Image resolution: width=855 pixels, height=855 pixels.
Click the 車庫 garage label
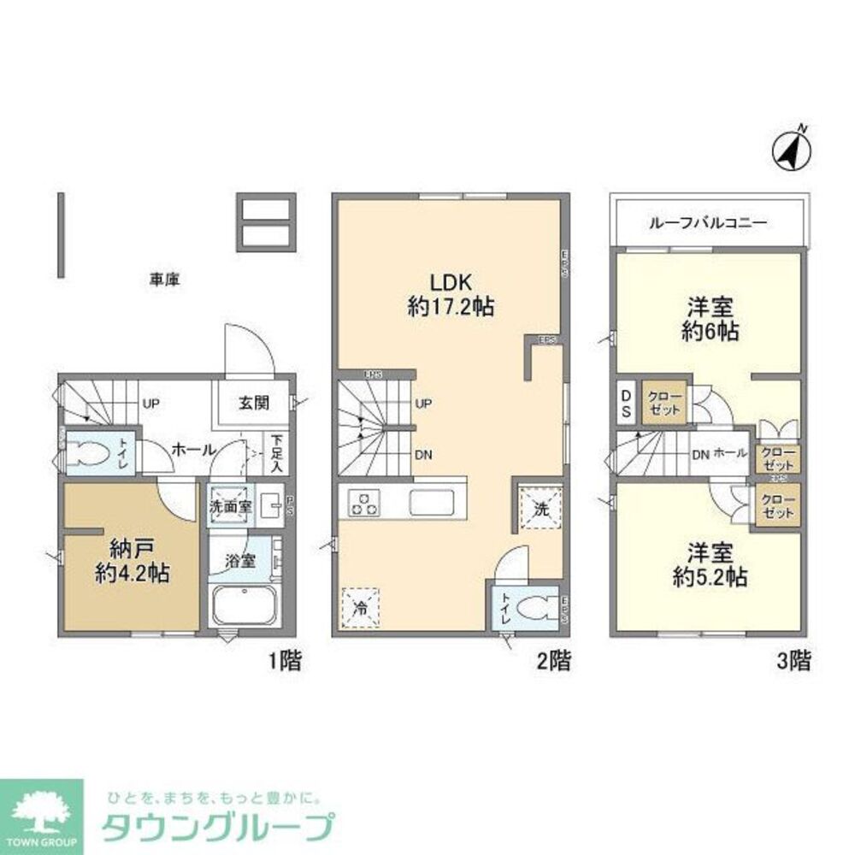[x=164, y=280]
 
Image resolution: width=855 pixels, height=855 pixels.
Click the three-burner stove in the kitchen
[x=363, y=503]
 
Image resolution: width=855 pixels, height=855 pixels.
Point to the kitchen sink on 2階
[x=435, y=502]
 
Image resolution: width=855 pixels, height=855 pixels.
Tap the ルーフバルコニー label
[x=708, y=222]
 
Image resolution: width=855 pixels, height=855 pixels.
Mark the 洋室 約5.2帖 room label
[x=710, y=564]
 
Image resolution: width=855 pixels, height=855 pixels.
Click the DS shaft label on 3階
[x=626, y=404]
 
